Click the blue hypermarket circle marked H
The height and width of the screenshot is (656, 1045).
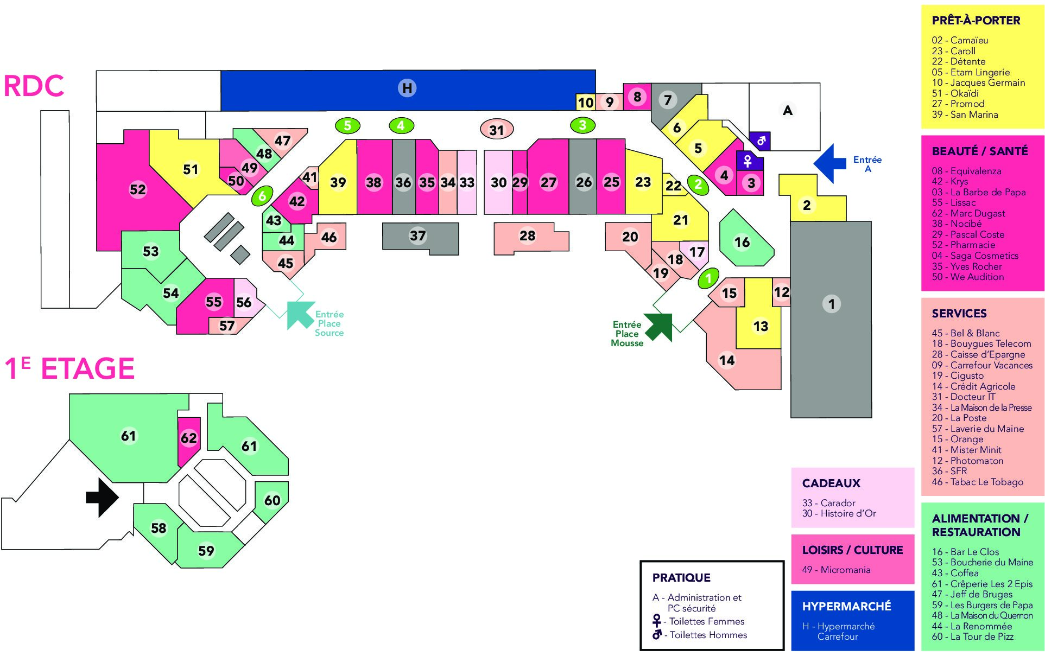point(407,88)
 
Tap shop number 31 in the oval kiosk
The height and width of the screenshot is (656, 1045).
point(497,130)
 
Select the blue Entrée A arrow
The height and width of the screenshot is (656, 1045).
point(830,163)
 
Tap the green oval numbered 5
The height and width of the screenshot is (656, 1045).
point(347,126)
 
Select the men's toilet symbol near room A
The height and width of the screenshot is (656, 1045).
point(760,141)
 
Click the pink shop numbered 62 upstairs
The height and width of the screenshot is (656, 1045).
point(189,441)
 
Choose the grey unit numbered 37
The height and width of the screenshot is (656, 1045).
point(420,238)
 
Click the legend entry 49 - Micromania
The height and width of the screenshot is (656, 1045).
point(836,570)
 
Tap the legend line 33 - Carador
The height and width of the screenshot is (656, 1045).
point(828,503)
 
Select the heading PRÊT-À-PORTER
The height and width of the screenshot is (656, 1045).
point(976,21)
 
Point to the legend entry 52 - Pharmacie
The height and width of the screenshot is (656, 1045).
point(964,245)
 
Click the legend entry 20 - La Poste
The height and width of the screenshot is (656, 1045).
point(959,418)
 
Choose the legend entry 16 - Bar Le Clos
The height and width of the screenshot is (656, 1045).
point(965,552)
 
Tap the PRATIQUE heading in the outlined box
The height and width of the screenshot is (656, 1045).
point(681,578)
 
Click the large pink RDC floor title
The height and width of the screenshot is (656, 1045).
point(34,86)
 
